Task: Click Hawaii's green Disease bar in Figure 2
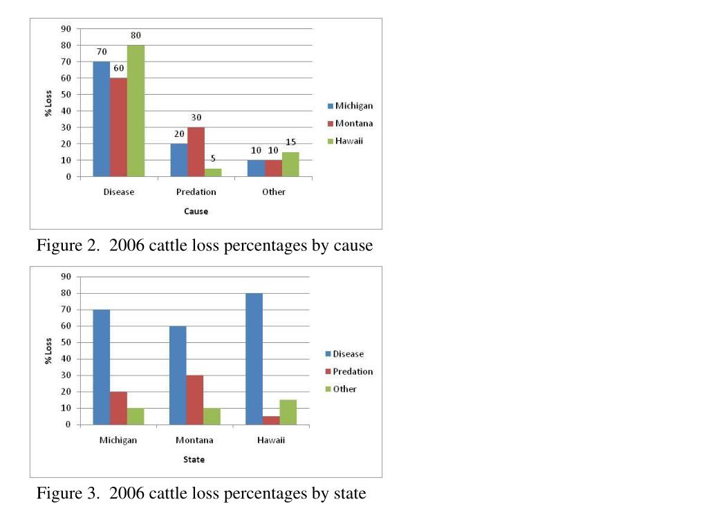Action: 136,111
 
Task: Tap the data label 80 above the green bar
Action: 136,35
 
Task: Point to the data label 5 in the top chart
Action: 213,158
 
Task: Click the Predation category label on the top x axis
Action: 196,192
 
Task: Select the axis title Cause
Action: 196,212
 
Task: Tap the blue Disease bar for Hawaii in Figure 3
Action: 254,359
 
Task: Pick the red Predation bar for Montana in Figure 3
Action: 195,400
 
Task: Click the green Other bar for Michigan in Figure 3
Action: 135,416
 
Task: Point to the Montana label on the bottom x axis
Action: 194,440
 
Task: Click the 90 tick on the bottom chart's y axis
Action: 66,277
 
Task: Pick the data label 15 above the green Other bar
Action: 291,142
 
